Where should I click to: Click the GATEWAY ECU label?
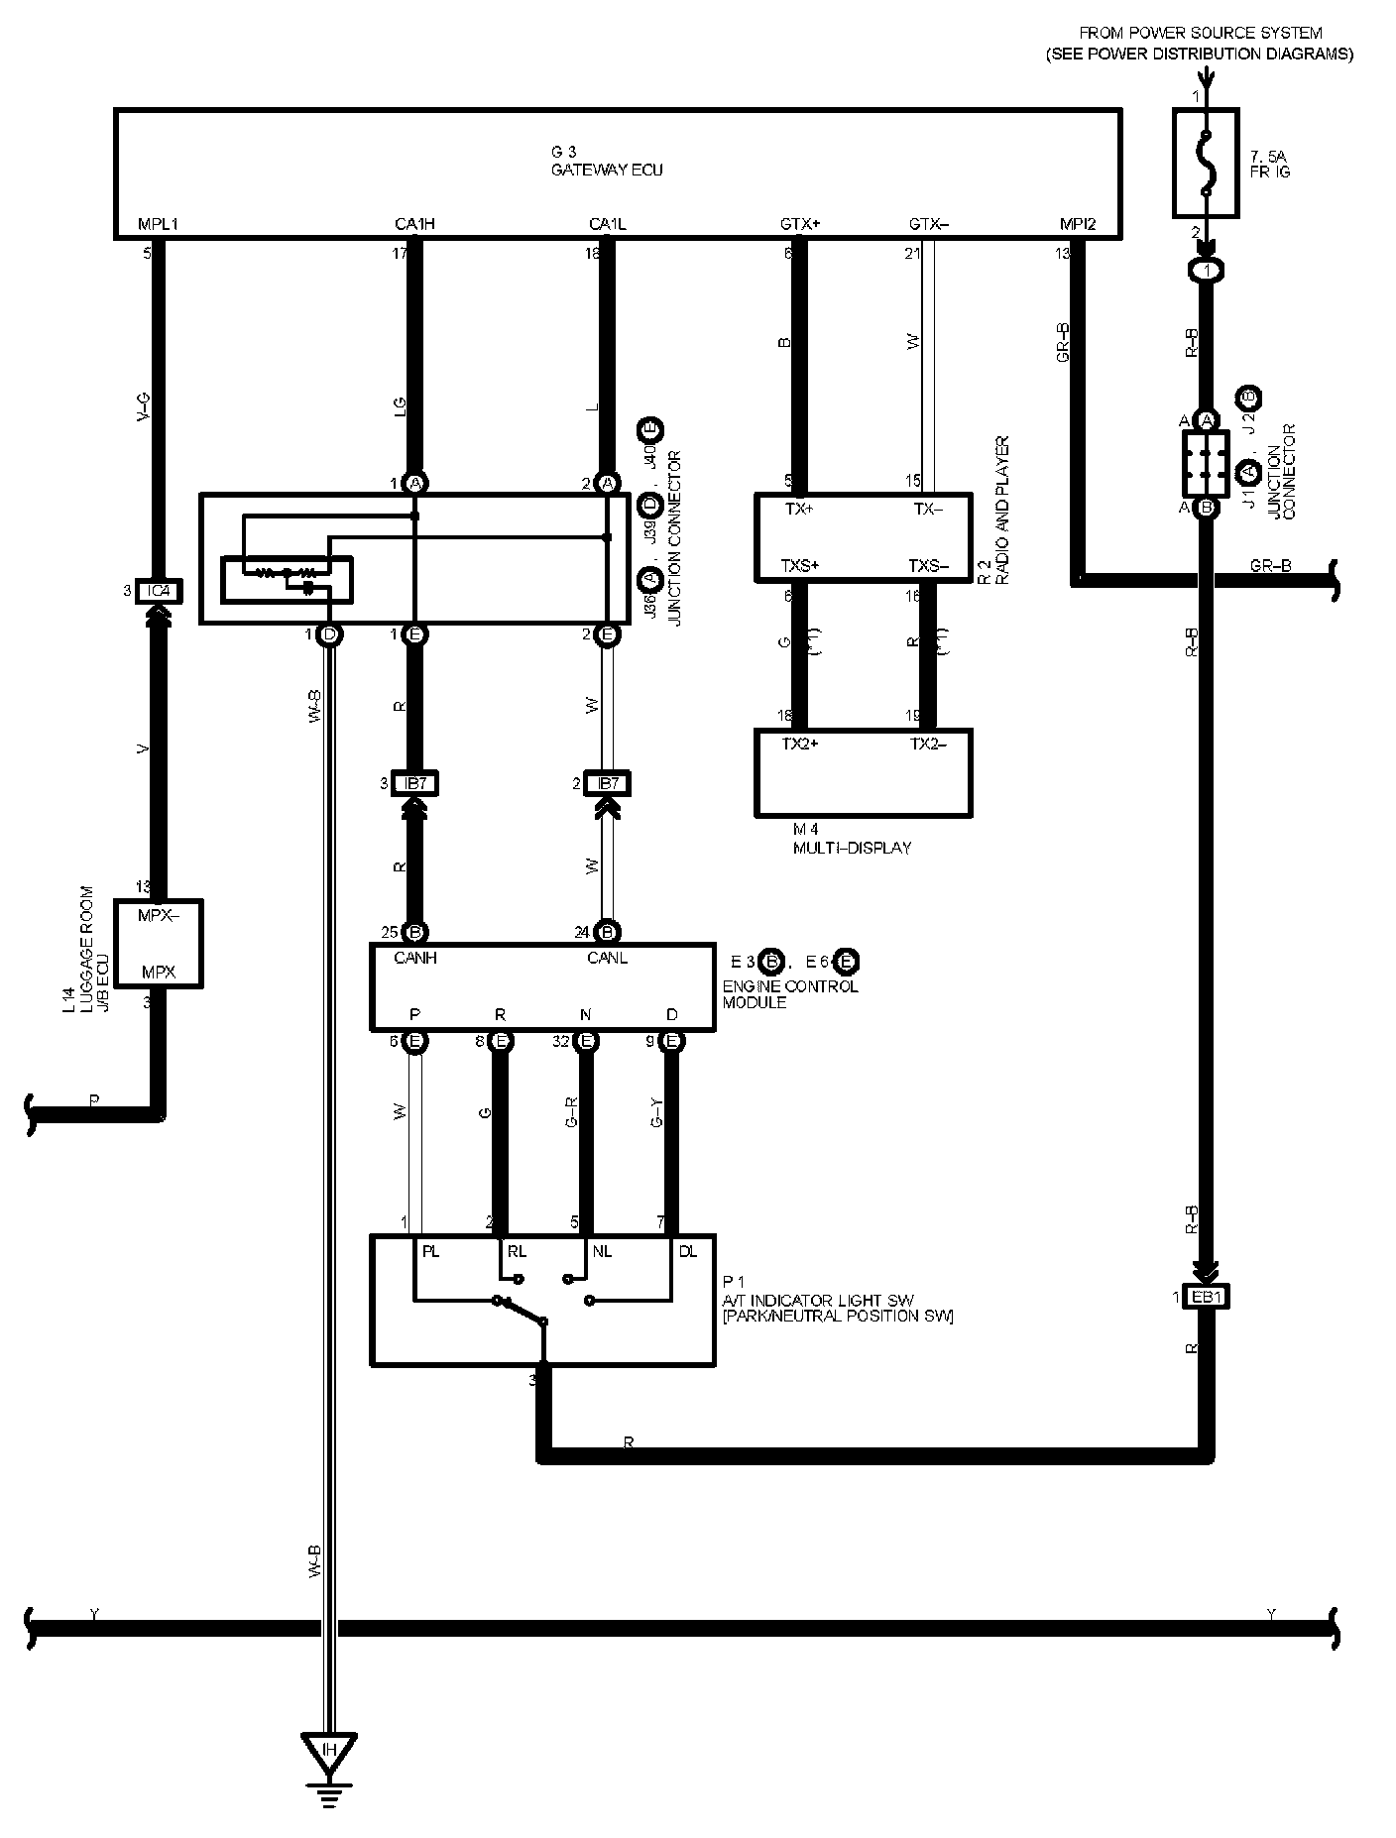(x=607, y=170)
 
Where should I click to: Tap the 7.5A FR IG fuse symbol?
(x=1205, y=164)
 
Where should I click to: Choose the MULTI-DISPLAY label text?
(x=852, y=848)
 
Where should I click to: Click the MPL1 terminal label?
(x=159, y=224)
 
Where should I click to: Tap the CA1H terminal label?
(x=414, y=224)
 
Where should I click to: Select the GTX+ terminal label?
(x=800, y=224)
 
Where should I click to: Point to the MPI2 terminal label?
(x=1078, y=224)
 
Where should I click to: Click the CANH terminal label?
(x=415, y=958)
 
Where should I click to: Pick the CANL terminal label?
(x=607, y=958)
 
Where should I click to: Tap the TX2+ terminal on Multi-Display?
(x=800, y=745)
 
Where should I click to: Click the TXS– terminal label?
(x=928, y=566)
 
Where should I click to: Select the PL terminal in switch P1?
(x=430, y=1251)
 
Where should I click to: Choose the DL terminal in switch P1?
(x=688, y=1251)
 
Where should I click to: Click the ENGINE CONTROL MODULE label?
(x=790, y=994)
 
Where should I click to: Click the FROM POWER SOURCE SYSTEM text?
(x=1200, y=33)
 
